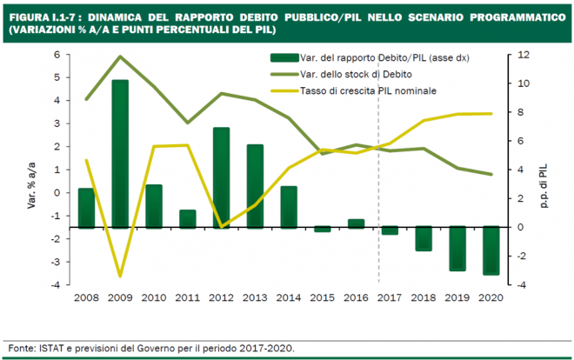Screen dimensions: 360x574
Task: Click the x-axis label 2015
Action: pyautogui.click(x=322, y=297)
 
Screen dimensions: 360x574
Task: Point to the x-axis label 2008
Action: pyautogui.click(x=86, y=297)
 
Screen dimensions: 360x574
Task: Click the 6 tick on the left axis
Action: pyautogui.click(x=58, y=55)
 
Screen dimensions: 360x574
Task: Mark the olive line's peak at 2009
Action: pyautogui.click(x=120, y=57)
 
